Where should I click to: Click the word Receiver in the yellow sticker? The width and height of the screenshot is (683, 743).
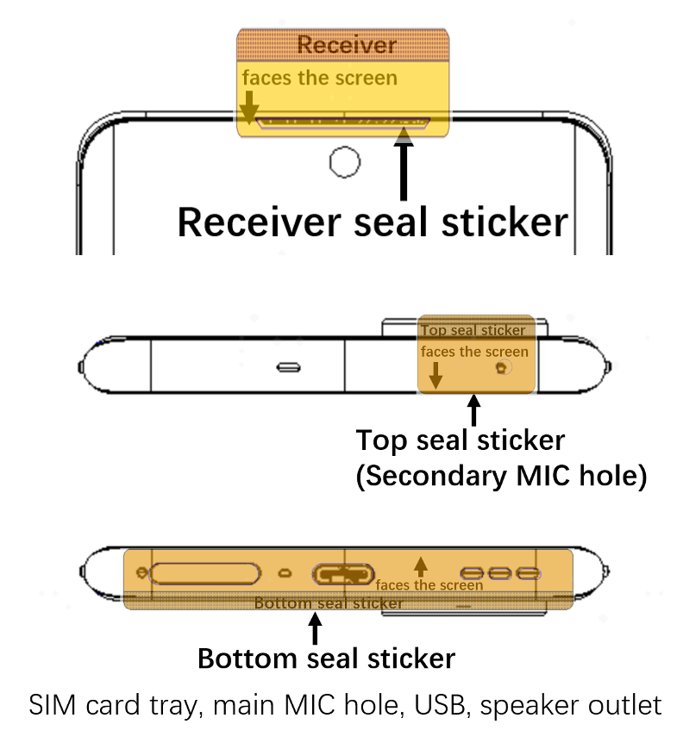click(347, 45)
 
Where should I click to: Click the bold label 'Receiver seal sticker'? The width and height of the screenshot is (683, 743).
click(373, 222)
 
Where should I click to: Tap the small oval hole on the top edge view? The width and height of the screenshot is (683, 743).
click(289, 368)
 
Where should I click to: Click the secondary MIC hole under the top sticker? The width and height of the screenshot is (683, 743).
click(502, 368)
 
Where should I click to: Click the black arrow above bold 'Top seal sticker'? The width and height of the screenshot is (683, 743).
click(473, 409)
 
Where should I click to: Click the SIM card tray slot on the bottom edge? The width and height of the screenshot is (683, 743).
click(204, 573)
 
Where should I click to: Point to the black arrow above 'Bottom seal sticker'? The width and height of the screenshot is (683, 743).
click(313, 627)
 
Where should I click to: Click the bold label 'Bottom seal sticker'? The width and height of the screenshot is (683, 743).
click(326, 659)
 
